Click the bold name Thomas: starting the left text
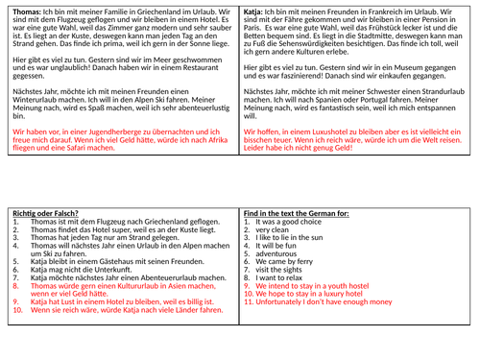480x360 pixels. click(x=20, y=7)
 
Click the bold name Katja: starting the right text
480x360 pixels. click(x=254, y=7)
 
